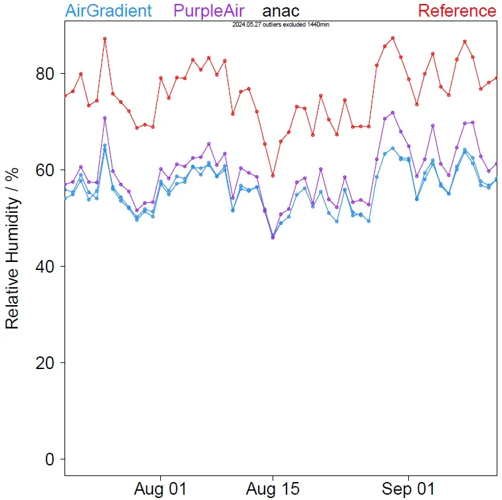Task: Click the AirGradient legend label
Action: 109,11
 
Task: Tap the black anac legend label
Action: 281,11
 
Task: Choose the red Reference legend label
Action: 456,11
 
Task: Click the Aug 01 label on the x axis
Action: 160,489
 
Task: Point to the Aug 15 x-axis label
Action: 273,489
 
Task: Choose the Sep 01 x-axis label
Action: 408,489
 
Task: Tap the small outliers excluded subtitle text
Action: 281,24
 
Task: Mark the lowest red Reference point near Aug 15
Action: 273,176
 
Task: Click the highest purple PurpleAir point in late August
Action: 393,112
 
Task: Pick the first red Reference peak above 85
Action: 104,39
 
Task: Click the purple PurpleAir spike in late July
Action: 104,118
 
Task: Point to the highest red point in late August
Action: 393,38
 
